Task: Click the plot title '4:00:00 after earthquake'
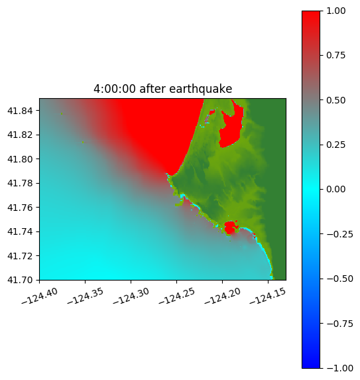tap(163, 89)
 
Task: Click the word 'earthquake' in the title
tap(201, 89)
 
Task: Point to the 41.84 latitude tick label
tap(20, 111)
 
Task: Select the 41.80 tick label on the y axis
tap(20, 159)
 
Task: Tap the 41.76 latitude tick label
tap(20, 208)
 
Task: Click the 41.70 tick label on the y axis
tap(20, 280)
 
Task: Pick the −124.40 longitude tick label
tap(40, 296)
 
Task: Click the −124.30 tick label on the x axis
tap(131, 296)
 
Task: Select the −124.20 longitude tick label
tap(222, 296)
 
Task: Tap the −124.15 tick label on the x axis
tap(268, 296)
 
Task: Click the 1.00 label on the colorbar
tap(336, 11)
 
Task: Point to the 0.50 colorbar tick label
tap(336, 100)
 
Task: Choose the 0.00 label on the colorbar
tap(336, 190)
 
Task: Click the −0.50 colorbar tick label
tap(340, 279)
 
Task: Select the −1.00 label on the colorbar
tap(340, 368)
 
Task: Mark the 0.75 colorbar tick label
tap(336, 56)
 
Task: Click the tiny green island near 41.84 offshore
tap(62, 113)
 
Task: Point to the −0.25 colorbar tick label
tap(340, 234)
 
